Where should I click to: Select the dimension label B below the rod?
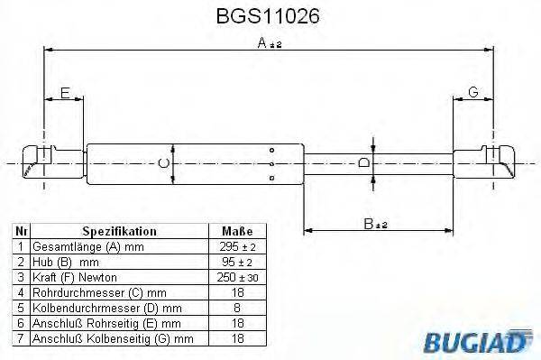(368, 224)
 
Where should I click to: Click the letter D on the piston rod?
(362, 162)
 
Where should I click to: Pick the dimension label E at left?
(64, 92)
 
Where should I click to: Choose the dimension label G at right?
(472, 92)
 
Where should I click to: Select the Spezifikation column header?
(119, 232)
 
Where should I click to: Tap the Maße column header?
(231, 232)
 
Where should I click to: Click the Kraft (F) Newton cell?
(77, 278)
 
